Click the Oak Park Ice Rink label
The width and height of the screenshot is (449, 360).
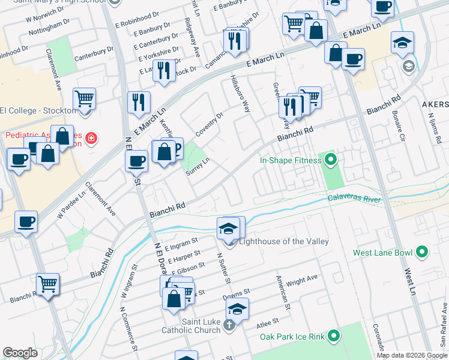point(293,337)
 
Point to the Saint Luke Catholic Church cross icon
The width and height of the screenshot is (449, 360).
point(228,326)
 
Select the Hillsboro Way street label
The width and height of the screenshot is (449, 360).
point(240,94)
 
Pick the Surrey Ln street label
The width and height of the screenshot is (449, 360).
point(197,166)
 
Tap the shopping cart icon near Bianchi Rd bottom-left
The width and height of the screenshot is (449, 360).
point(47,283)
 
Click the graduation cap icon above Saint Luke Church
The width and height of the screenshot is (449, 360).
point(237,309)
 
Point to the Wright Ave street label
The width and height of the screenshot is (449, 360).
point(302,279)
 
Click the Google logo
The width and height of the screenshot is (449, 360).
point(20,353)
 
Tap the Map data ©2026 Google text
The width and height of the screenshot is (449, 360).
point(411,355)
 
